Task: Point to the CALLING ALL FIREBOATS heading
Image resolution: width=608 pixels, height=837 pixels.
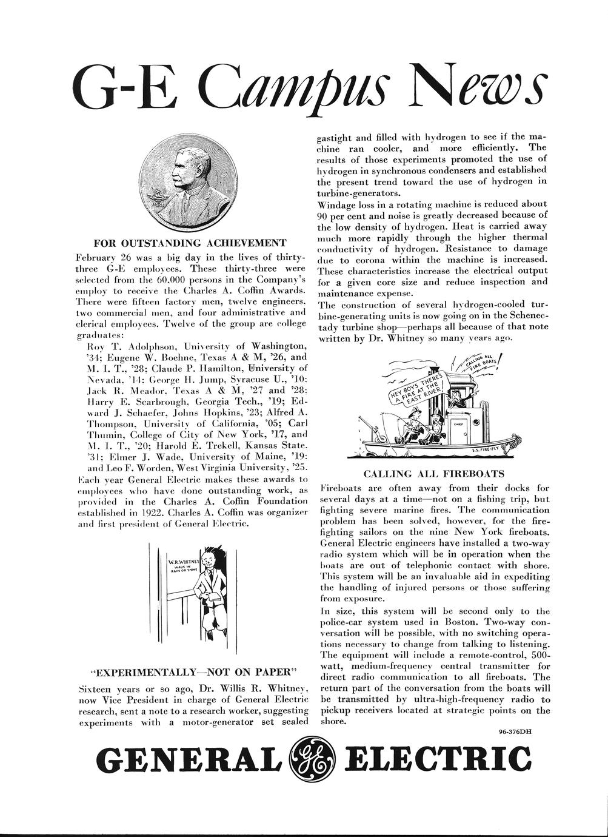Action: [x=434, y=474]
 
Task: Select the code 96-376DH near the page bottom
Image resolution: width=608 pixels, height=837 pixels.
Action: [x=515, y=731]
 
